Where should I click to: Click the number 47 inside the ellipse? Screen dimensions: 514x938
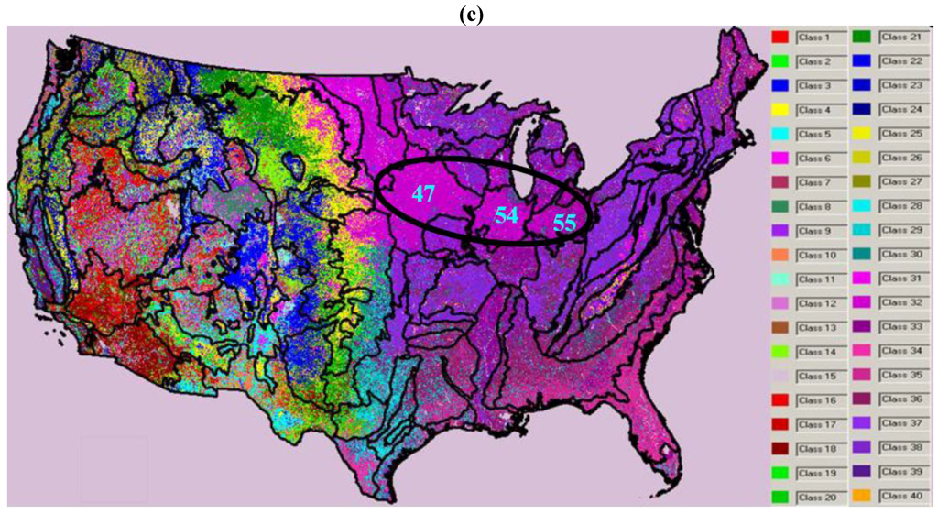422,194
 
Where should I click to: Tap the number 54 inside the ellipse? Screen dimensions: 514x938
507,215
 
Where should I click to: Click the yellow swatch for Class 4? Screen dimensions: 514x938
780,109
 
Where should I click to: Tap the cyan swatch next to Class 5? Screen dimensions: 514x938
780,134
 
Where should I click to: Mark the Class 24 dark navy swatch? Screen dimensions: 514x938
862,109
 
